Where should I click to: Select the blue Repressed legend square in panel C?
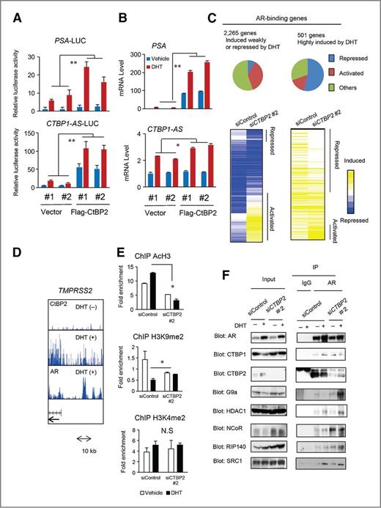[x=340, y=56]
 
